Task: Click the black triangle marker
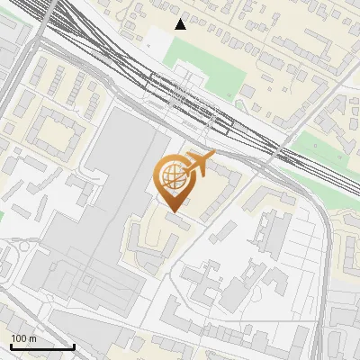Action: click(181, 24)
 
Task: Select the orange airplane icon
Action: click(201, 163)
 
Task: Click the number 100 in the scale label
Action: click(19, 338)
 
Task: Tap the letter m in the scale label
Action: click(33, 338)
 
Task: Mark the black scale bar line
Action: click(42, 346)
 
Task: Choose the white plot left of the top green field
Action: click(157, 40)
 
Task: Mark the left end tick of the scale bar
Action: click(10, 346)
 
